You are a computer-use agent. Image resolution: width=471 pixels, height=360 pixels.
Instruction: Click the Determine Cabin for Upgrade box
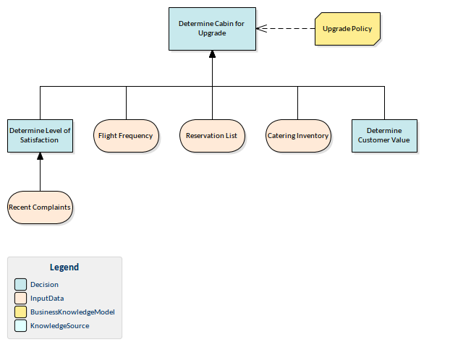click(x=212, y=29)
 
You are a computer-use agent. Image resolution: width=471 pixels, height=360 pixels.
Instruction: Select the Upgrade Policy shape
click(x=347, y=29)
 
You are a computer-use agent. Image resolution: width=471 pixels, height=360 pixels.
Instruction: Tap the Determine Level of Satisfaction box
click(x=40, y=135)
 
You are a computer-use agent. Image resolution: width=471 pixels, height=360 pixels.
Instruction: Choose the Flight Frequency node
click(x=126, y=136)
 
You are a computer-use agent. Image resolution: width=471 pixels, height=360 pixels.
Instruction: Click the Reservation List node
click(x=212, y=136)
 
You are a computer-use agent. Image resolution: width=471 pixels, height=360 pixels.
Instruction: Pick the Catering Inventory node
click(x=298, y=136)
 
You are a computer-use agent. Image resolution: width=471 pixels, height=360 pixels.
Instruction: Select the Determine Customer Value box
click(x=384, y=135)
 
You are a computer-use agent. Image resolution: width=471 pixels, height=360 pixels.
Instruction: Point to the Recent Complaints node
click(x=40, y=207)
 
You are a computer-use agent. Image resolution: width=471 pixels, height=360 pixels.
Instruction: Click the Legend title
click(x=64, y=267)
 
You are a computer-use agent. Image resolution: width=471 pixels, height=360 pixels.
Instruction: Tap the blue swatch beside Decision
click(x=20, y=284)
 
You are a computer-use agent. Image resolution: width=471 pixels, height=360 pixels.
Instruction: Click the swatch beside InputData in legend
click(x=20, y=298)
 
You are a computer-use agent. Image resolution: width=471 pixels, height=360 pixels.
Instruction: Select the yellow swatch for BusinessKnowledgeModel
click(x=20, y=312)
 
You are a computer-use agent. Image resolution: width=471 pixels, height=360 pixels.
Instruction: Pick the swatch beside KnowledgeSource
click(x=20, y=326)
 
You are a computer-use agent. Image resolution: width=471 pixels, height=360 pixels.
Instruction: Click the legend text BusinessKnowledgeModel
click(x=72, y=312)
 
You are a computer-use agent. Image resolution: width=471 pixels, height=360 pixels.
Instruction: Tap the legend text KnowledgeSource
click(x=60, y=326)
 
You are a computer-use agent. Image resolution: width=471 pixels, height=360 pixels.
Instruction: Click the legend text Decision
click(x=45, y=284)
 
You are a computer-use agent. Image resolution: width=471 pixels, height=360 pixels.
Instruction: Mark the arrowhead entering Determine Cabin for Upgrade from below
click(x=212, y=55)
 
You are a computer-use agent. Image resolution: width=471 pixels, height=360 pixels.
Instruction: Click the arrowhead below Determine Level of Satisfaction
click(x=40, y=157)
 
